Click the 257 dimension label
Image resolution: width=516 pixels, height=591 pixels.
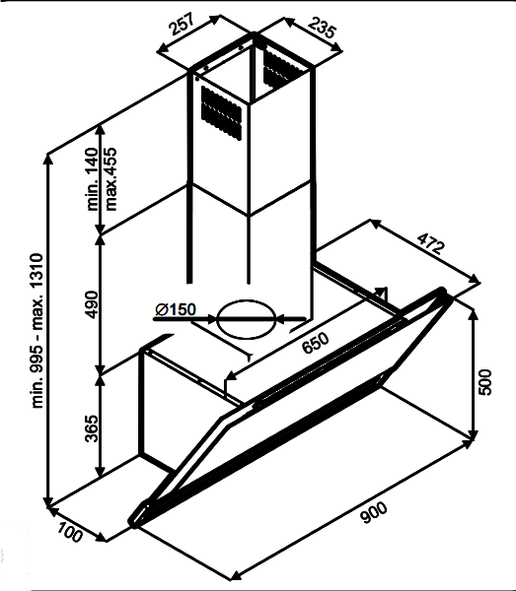pos(182,24)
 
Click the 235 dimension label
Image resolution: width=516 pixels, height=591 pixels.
pos(322,27)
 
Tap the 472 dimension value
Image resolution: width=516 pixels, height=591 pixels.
pos(431,243)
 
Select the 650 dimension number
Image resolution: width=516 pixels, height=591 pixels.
pos(316,343)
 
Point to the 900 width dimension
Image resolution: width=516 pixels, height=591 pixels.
pos(374,512)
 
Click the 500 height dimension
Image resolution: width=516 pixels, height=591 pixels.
pos(485,382)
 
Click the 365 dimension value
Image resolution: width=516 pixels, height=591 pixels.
pos(92,428)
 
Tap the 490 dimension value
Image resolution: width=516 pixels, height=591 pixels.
pos(92,304)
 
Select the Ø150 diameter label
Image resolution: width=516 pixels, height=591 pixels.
pos(176,309)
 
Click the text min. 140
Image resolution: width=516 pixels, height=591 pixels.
pos(93,179)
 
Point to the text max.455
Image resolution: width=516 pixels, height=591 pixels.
pos(111,179)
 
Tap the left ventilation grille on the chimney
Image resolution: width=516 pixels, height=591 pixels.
pos(221,112)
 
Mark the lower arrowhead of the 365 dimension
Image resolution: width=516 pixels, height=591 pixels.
pos(100,471)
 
